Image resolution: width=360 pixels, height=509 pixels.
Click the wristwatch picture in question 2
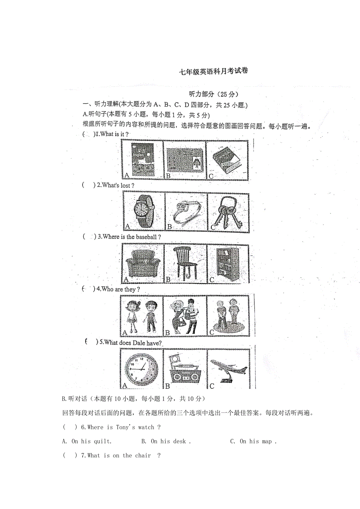click(x=143, y=211)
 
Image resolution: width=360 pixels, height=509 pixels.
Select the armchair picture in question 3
click(x=142, y=263)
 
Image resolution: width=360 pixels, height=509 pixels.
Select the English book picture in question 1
click(x=142, y=160)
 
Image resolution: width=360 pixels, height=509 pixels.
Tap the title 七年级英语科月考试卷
click(x=213, y=72)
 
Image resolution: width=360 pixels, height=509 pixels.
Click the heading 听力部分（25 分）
click(x=214, y=94)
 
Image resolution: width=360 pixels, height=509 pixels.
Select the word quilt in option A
click(x=103, y=441)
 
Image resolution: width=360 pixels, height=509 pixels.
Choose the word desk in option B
click(x=179, y=441)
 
